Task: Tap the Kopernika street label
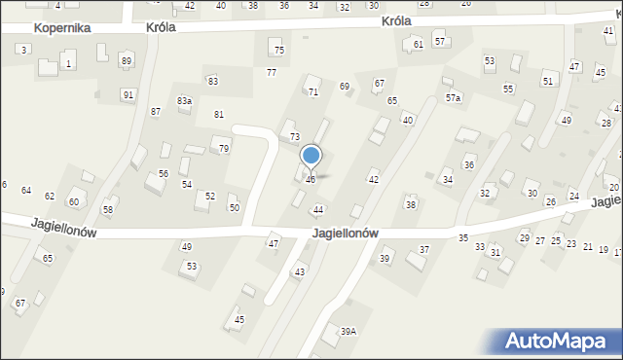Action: pyautogui.click(x=62, y=28)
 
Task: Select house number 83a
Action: pyautogui.click(x=184, y=101)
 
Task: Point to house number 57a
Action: pyautogui.click(x=454, y=98)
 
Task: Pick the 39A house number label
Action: pyautogui.click(x=348, y=332)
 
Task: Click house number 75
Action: pyautogui.click(x=279, y=51)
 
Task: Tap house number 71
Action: pyautogui.click(x=313, y=91)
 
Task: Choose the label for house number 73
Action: pyautogui.click(x=294, y=137)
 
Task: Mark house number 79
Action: pyautogui.click(x=224, y=149)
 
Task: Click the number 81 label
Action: pyautogui.click(x=219, y=115)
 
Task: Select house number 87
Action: pyautogui.click(x=156, y=112)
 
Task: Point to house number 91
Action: pyautogui.click(x=128, y=94)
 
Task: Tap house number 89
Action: pyautogui.click(x=126, y=61)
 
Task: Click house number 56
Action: pyautogui.click(x=164, y=174)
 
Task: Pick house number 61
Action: pyautogui.click(x=419, y=45)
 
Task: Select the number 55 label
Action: pyautogui.click(x=508, y=89)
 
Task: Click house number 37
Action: pyautogui.click(x=424, y=250)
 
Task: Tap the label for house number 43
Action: pyautogui.click(x=300, y=271)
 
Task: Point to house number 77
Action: pyautogui.click(x=272, y=73)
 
